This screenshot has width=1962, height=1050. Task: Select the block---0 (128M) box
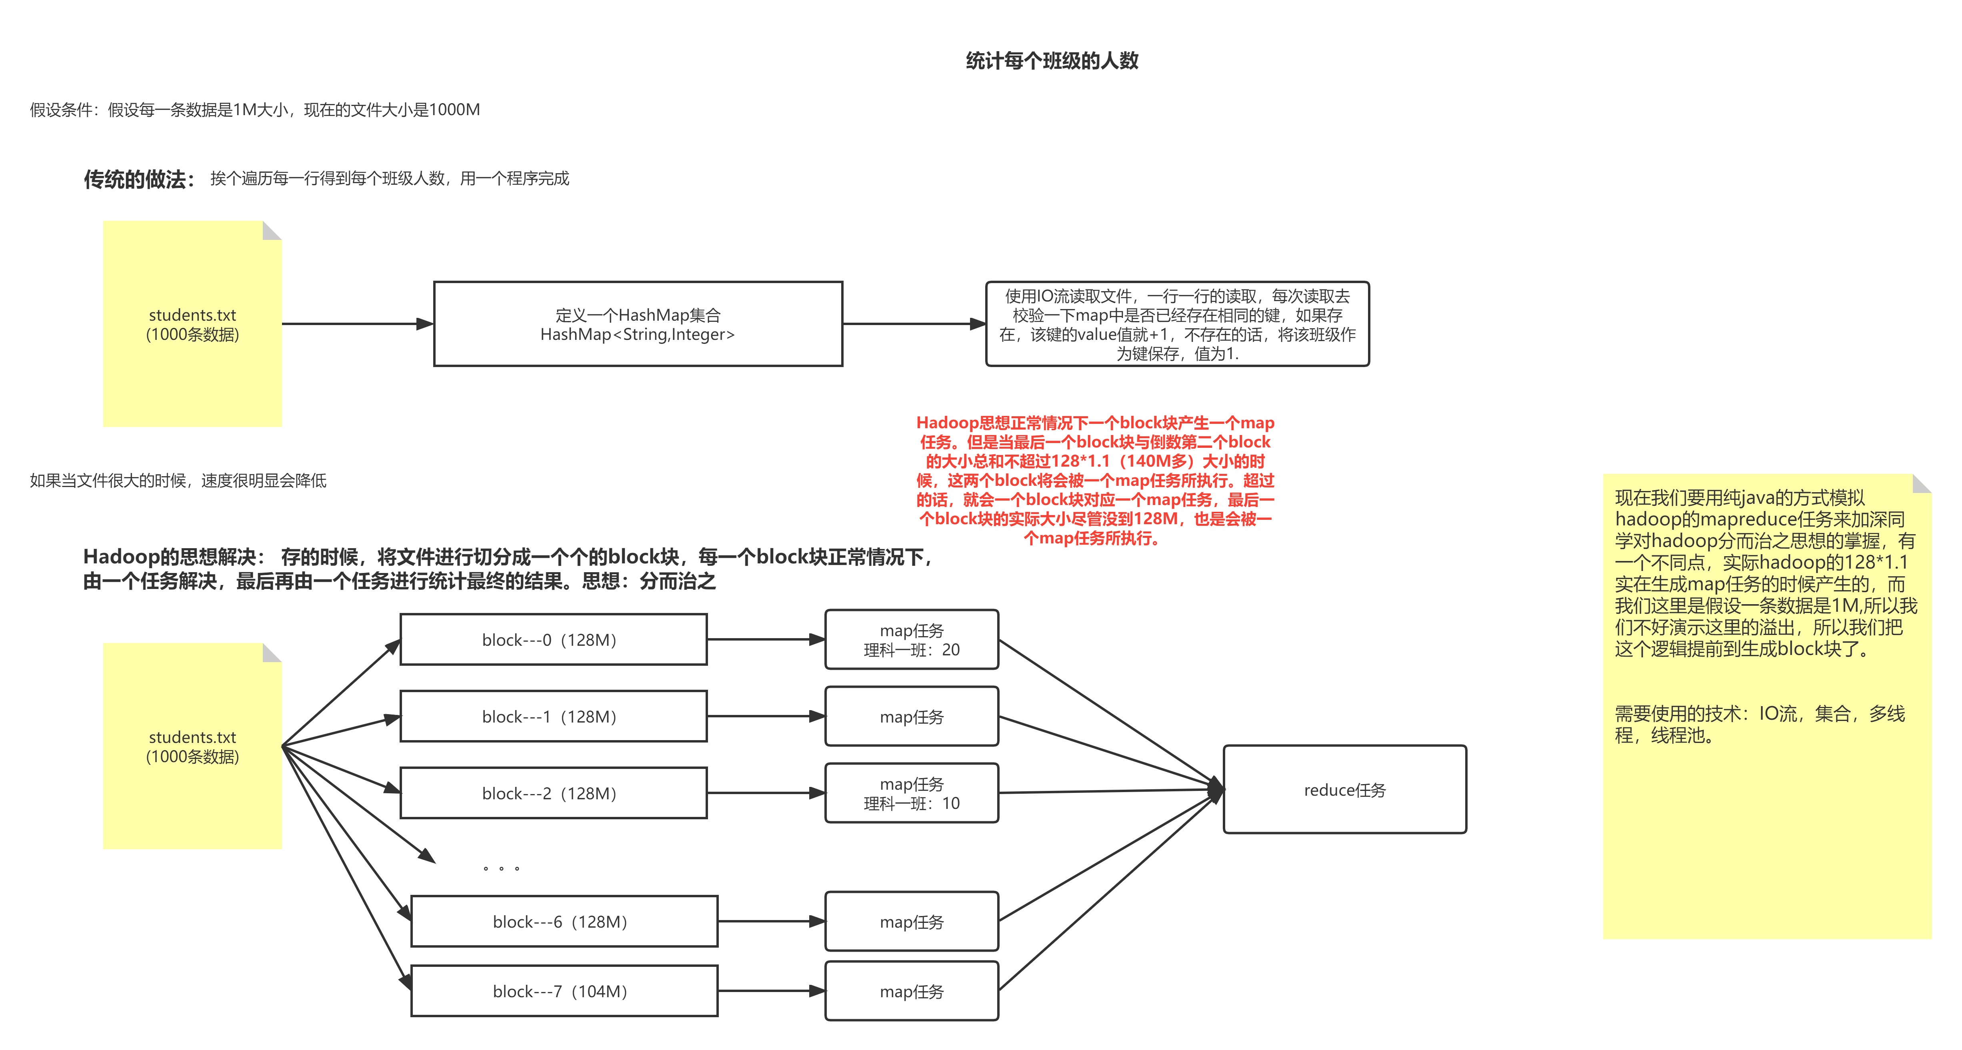[x=553, y=640]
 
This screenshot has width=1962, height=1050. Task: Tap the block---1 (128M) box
[x=553, y=717]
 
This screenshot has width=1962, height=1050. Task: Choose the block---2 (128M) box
[x=553, y=793]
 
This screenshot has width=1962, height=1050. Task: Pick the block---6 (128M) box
[x=564, y=921]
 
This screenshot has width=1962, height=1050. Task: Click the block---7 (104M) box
[x=564, y=990]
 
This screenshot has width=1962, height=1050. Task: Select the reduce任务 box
[x=1344, y=790]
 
